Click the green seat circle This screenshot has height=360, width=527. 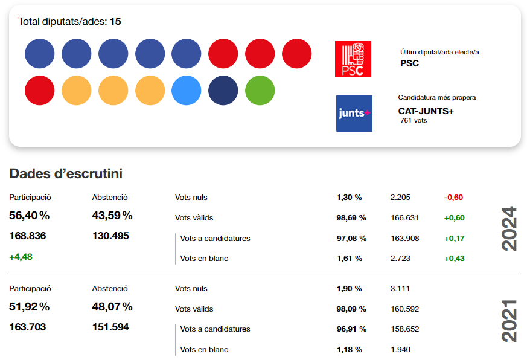(x=260, y=91)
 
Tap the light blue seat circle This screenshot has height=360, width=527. (x=187, y=91)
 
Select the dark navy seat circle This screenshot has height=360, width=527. (x=223, y=91)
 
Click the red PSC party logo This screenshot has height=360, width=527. (x=353, y=59)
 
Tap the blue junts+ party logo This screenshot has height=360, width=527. (x=354, y=114)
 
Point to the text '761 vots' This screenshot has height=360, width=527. (x=414, y=121)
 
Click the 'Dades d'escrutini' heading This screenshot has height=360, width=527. (x=66, y=174)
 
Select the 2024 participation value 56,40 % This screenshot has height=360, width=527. (x=30, y=216)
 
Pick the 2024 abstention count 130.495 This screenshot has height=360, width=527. (x=110, y=236)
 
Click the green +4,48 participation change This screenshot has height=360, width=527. (x=21, y=256)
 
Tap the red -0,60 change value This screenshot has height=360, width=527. (x=453, y=197)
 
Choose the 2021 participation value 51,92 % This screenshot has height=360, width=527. (x=30, y=307)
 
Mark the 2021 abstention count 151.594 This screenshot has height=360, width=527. (x=110, y=327)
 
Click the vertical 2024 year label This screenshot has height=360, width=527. (x=510, y=229)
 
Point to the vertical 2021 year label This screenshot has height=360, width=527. (x=510, y=320)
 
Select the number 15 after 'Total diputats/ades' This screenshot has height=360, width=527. (x=115, y=22)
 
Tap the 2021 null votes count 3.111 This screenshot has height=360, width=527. (x=401, y=289)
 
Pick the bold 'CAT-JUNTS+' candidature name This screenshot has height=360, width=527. (x=426, y=111)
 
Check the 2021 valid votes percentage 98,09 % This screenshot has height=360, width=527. (x=351, y=309)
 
